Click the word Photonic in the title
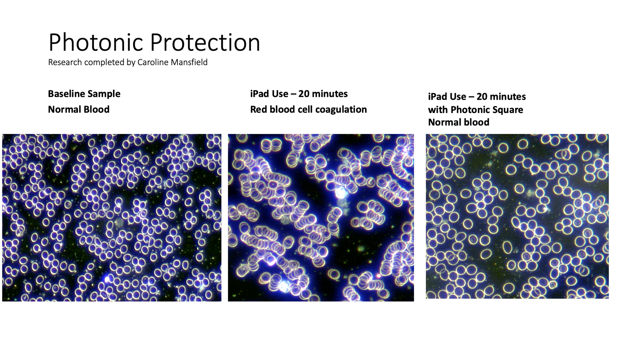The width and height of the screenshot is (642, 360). pos(96,42)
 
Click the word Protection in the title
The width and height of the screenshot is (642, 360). pos(205,42)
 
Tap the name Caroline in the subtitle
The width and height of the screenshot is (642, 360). pos(151,63)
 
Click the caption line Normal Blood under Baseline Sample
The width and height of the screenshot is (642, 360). pos(79,109)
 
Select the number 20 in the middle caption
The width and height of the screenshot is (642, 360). pos(304,94)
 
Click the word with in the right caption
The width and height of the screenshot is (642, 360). pos(438,110)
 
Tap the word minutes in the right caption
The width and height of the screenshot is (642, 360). pos(510,97)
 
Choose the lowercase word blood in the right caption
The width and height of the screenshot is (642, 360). pos(477,122)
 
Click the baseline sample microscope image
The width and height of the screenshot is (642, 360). pos(112,218)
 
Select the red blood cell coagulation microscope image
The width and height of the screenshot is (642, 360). pos(321,218)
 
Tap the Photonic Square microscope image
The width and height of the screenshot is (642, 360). pos(517,216)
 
